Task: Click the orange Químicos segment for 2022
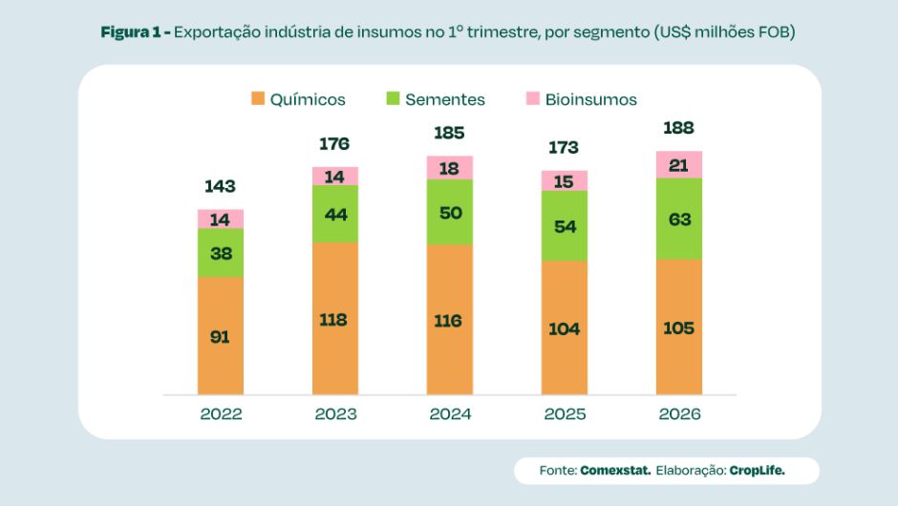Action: (x=221, y=336)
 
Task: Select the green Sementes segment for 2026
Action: (x=679, y=219)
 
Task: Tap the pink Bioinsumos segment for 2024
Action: (x=450, y=168)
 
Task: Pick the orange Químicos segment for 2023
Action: (x=335, y=319)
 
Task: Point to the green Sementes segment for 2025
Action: (x=565, y=226)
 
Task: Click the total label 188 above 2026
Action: (x=678, y=128)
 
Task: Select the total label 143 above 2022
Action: (x=220, y=186)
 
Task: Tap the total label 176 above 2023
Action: (x=334, y=144)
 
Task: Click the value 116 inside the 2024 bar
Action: (x=449, y=321)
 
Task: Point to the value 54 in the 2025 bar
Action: (x=565, y=226)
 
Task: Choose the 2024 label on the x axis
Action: (x=450, y=414)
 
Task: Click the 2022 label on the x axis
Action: (x=221, y=414)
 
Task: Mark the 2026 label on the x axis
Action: (x=679, y=414)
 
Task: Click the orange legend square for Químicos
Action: (x=257, y=98)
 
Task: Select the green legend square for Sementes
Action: (x=393, y=98)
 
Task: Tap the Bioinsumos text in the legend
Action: (x=591, y=99)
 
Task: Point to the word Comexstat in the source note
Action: (x=615, y=471)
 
